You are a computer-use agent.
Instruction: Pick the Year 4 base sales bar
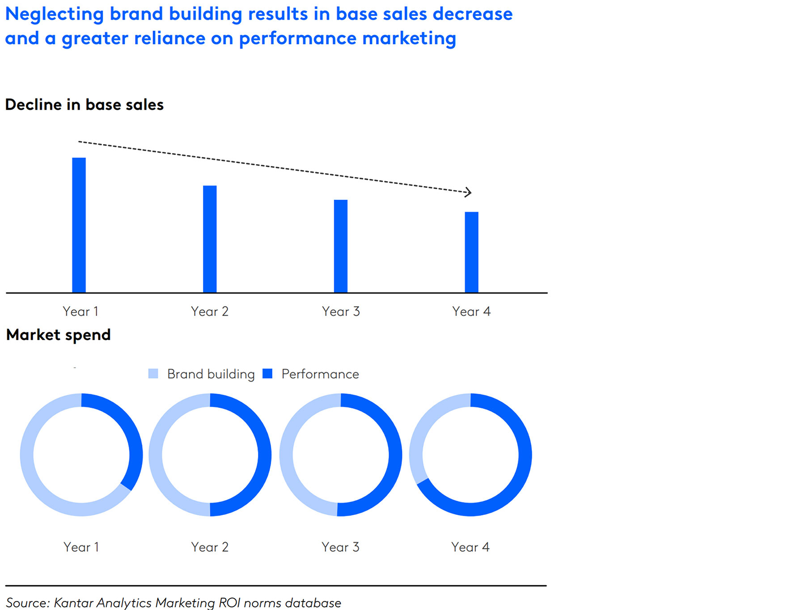coord(471,252)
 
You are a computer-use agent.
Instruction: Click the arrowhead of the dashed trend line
coord(468,192)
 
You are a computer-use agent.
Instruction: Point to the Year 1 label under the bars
coord(80,311)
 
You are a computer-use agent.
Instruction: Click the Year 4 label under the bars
coord(471,311)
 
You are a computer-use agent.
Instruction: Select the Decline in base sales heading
coord(84,105)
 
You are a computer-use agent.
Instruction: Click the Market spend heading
coord(58,335)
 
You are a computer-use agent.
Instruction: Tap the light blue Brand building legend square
coord(153,373)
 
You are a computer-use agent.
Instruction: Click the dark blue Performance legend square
coord(268,373)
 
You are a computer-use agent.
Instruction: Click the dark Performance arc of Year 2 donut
coord(264,455)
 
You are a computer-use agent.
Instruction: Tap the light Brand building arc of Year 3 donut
coord(287,455)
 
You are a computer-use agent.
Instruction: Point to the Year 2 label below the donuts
coord(210,547)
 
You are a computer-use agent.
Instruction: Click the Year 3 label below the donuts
coord(341,547)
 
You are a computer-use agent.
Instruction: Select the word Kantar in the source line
coord(74,603)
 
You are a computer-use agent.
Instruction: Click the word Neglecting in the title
coord(54,14)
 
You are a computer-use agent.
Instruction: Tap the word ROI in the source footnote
coord(230,603)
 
